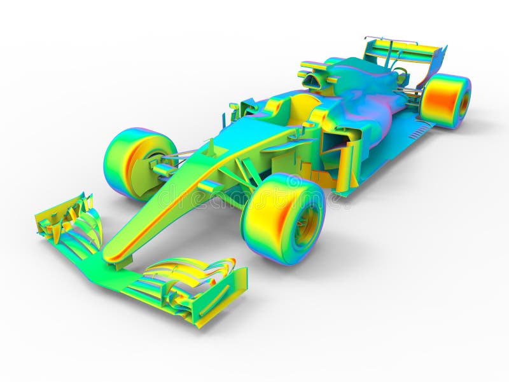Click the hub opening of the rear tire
[464, 103]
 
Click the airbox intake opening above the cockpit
[312, 81]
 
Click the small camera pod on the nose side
[210, 186]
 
